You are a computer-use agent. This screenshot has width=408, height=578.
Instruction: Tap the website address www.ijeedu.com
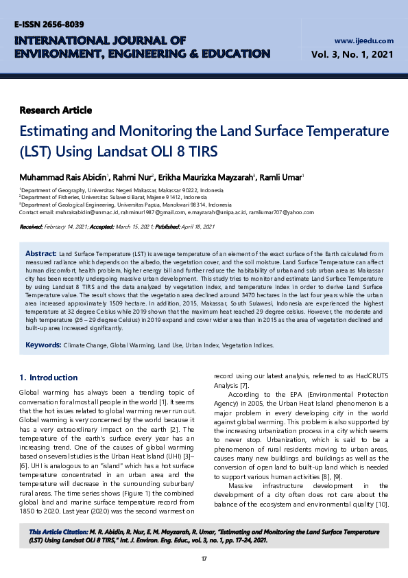(364, 41)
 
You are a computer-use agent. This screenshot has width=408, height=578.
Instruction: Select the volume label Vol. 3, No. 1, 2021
(352, 54)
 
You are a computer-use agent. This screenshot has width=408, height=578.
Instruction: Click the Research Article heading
(56, 110)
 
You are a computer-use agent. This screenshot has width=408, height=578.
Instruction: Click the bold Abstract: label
(40, 253)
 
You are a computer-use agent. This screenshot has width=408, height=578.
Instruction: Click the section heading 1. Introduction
(49, 378)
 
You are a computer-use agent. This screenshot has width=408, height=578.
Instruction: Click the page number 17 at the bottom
(204, 559)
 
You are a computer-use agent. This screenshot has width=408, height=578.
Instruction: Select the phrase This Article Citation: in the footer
(58, 532)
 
